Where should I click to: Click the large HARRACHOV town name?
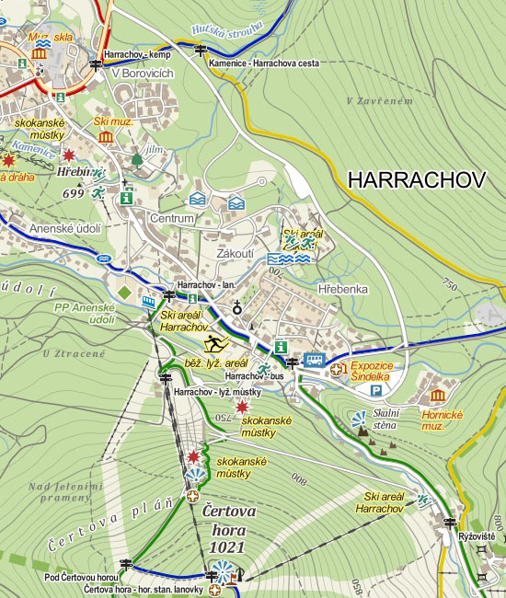pos(417,179)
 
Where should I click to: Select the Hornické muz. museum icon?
pos(437,396)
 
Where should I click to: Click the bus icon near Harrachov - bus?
pos(315,360)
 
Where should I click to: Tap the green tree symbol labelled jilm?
pos(137,159)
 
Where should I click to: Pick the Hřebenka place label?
pos(342,289)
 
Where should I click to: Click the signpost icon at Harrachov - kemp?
pos(96,65)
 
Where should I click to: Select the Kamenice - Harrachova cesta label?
pos(263,63)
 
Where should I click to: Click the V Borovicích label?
pos(143,74)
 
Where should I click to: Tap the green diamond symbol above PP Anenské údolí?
pos(124,293)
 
